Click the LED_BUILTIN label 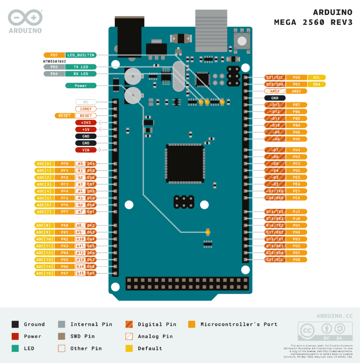[81, 55]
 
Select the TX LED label [81, 67]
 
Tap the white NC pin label [86, 102]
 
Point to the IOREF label [86, 109]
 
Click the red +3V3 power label [86, 122]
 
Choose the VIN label [86, 150]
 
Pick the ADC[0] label [44, 164]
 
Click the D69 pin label [91, 273]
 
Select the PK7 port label [64, 273]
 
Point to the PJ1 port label [297, 212]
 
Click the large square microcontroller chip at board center [184, 163]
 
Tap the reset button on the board [242, 41]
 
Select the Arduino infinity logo [25, 18]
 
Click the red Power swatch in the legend [15, 336]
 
